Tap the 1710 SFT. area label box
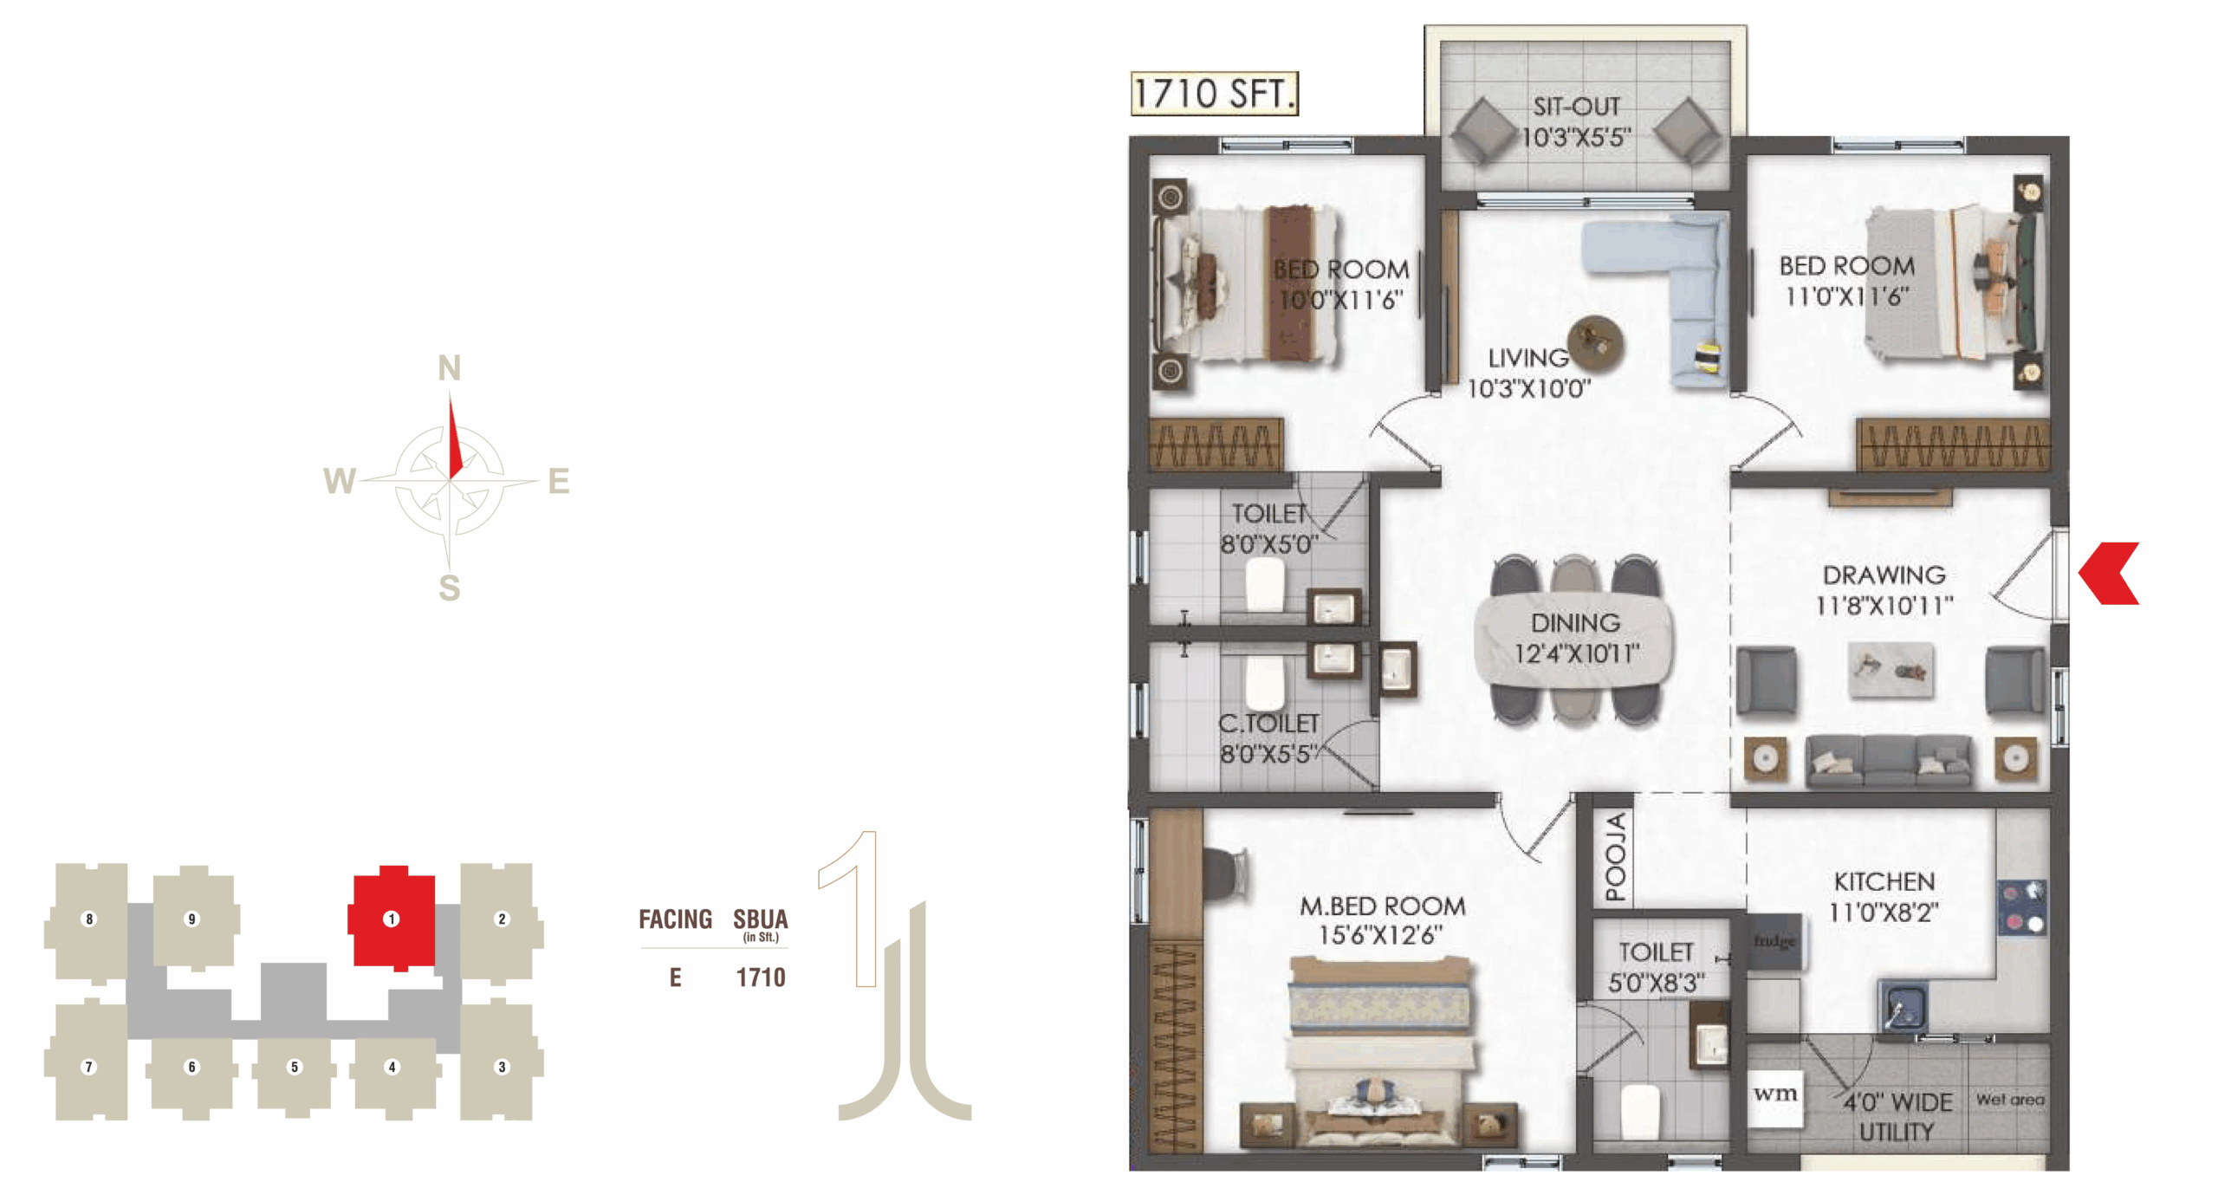(x=1214, y=94)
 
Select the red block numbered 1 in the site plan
(x=392, y=918)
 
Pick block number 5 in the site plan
(x=295, y=1067)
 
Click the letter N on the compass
(x=449, y=368)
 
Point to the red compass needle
(x=453, y=437)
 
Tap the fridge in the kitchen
(x=1773, y=942)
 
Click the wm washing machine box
(x=1775, y=1094)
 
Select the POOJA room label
(x=1615, y=856)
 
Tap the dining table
(x=1574, y=638)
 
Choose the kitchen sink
(x=1903, y=1005)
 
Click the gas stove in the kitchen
(x=2021, y=906)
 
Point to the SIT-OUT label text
(x=1576, y=107)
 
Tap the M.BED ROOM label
(x=1382, y=906)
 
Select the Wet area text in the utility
(x=2010, y=1100)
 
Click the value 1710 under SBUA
(x=761, y=977)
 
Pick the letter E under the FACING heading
(x=676, y=977)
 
